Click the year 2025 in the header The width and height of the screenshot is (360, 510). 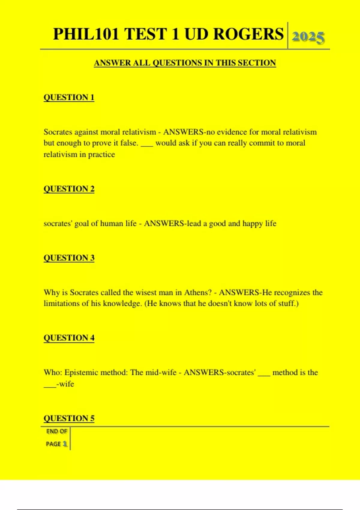tap(308, 37)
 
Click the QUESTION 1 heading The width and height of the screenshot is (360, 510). tap(69, 97)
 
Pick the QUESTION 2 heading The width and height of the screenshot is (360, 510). tap(69, 189)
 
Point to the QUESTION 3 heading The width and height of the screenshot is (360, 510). tap(69, 258)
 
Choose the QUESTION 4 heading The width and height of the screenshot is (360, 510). tap(69, 338)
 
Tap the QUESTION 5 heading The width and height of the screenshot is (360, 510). tap(69, 418)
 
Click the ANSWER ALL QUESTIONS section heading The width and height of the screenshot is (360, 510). tap(185, 63)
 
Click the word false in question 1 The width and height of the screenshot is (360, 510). tap(129, 143)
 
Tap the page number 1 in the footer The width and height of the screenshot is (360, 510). tap(65, 444)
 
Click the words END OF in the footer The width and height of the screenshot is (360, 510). tap(57, 431)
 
